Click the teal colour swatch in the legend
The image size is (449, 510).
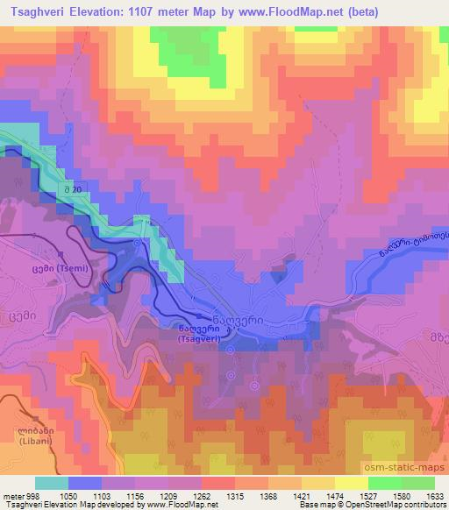pos(52,483)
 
